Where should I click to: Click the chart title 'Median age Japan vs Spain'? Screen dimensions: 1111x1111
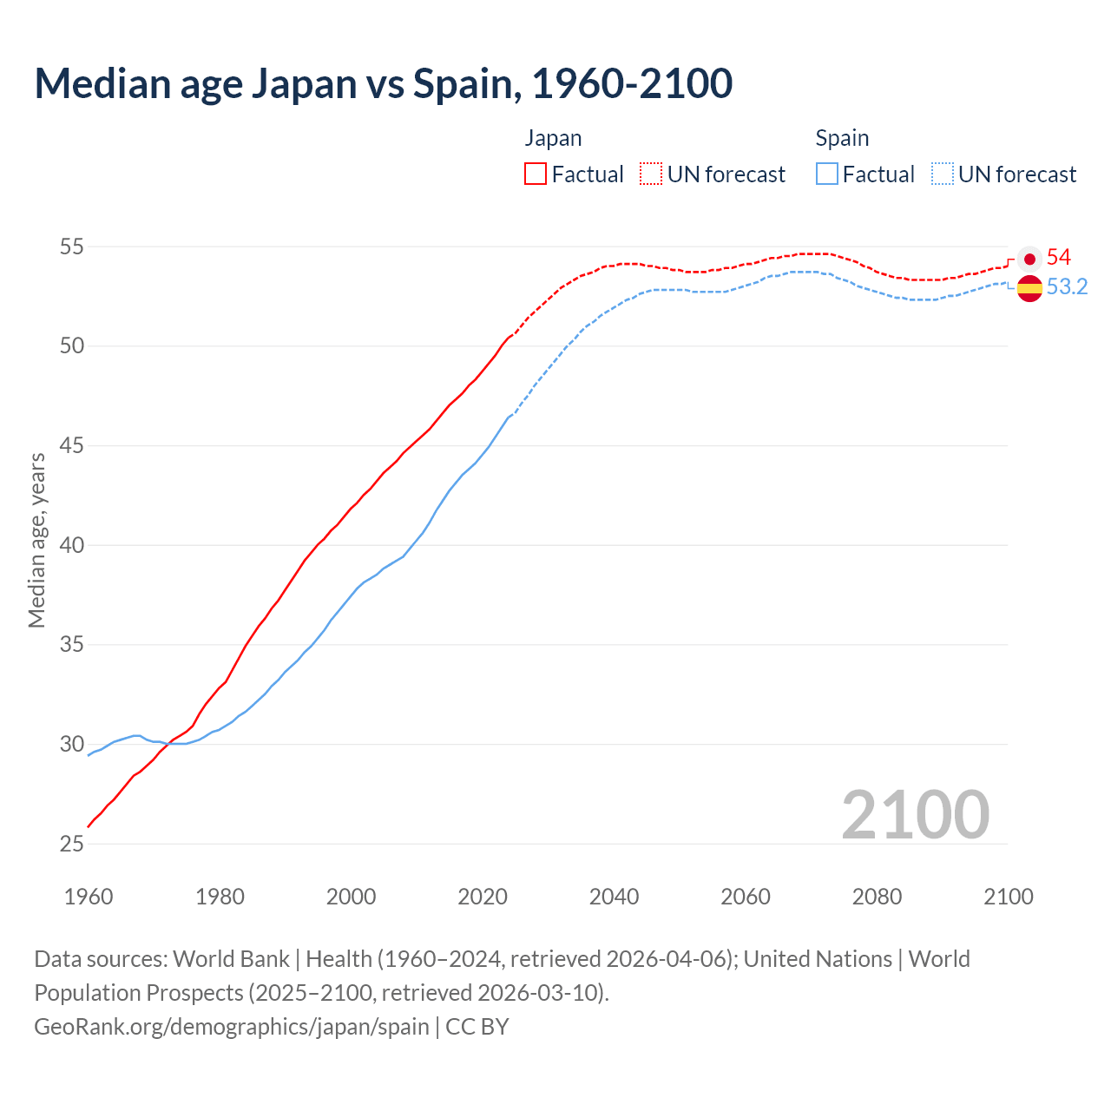pos(383,83)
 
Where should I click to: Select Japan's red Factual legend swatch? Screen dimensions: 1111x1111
pos(536,174)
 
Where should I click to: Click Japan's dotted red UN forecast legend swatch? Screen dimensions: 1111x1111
pos(651,174)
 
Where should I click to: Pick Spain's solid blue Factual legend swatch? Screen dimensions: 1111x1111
pos(827,174)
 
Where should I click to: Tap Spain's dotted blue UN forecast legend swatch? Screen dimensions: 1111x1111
pos(943,174)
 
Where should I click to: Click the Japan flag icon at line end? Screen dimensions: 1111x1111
pos(1029,259)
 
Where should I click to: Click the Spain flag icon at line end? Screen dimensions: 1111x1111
pos(1029,287)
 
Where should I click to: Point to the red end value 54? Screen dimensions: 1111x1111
pos(1059,258)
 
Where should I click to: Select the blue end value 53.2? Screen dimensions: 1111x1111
pos(1067,287)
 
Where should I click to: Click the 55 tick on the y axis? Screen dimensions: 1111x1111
pos(71,247)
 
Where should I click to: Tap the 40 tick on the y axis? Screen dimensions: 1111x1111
pos(71,546)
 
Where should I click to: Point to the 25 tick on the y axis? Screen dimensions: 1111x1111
pos(71,845)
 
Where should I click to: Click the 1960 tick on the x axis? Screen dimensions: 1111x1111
pos(89,897)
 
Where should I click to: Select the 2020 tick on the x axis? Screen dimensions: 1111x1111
pos(483,897)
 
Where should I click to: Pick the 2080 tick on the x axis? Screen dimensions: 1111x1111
pos(877,897)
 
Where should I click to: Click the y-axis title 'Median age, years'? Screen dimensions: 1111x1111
pos(36,540)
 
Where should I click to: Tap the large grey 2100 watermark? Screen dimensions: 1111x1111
pos(915,814)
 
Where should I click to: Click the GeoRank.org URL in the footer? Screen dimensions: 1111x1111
pos(232,1027)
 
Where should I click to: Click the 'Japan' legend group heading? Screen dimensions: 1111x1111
pos(553,138)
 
